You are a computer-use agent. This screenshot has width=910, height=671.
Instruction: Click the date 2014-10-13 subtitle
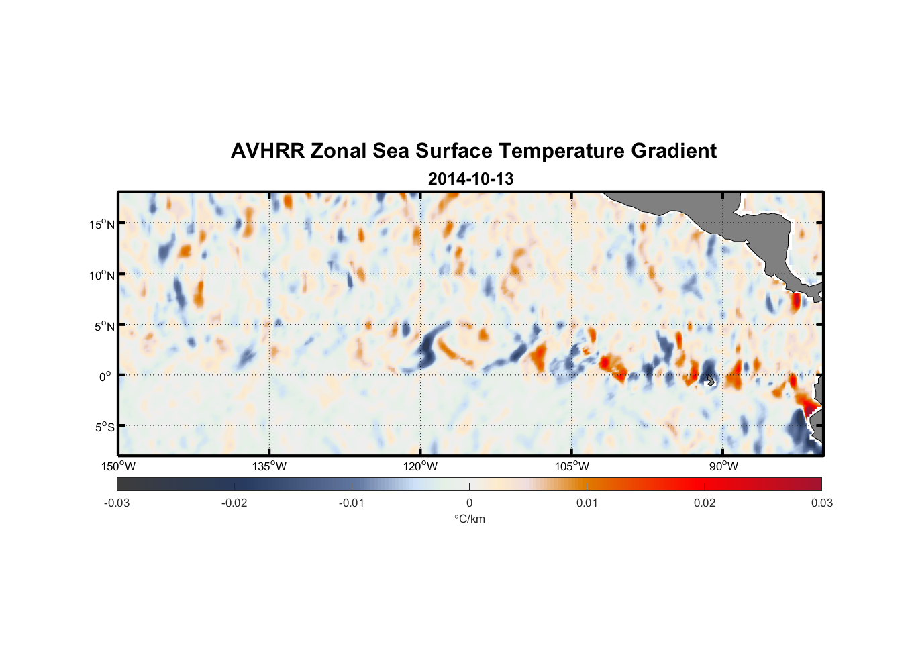coord(470,179)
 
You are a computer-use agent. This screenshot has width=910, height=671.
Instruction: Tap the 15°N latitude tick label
coord(102,224)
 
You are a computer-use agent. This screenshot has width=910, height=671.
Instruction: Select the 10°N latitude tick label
coord(102,275)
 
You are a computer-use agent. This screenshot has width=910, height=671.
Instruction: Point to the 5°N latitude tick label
coord(104,326)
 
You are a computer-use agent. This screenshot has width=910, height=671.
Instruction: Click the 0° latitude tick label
coord(105,376)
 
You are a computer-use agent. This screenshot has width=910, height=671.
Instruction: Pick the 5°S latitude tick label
coord(104,427)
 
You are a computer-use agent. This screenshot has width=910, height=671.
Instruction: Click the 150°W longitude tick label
coord(119,466)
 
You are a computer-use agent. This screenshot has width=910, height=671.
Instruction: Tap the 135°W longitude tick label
coord(270,466)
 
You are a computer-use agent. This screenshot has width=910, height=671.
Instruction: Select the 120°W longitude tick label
coord(421,466)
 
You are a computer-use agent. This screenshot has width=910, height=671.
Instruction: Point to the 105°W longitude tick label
coord(572,466)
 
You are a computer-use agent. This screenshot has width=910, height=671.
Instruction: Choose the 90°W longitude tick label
coord(723,466)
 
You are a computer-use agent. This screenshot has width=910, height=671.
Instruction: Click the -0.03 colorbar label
coord(117,503)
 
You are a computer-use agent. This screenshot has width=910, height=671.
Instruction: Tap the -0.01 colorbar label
coord(352,503)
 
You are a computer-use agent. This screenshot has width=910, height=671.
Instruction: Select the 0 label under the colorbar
coord(469,503)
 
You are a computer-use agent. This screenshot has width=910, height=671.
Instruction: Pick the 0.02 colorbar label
coord(705,503)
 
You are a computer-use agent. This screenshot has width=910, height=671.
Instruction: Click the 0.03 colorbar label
coord(821,503)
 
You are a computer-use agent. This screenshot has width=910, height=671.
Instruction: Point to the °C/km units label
coord(469,519)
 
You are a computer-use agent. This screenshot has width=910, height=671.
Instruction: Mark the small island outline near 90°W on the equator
coord(711,380)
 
